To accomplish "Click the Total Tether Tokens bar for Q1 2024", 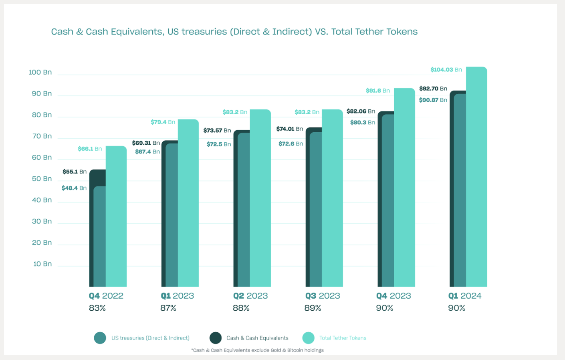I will click(476, 176).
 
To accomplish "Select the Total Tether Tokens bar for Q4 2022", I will click(116, 216).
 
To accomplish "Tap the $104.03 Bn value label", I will click(446, 70).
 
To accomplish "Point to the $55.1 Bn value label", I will click(75, 172).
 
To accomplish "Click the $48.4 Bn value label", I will click(74, 188).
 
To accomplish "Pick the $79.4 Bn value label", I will click(163, 122).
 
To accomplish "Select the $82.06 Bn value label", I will click(361, 111).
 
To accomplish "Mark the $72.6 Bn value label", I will click(291, 144).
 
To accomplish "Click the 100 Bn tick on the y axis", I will click(40, 72).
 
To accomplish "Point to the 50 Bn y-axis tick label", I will click(42, 178).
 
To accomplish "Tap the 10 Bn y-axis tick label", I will click(42, 264).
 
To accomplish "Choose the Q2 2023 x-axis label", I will click(250, 296).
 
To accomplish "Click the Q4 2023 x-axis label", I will click(393, 296).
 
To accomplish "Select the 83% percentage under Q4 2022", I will click(97, 308).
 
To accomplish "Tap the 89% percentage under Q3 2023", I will click(313, 308).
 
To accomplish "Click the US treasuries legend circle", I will click(100, 338).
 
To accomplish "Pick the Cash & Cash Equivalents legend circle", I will click(216, 338).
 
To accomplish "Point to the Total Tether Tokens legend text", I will click(343, 338).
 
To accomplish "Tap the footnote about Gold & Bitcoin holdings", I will click(257, 350).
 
